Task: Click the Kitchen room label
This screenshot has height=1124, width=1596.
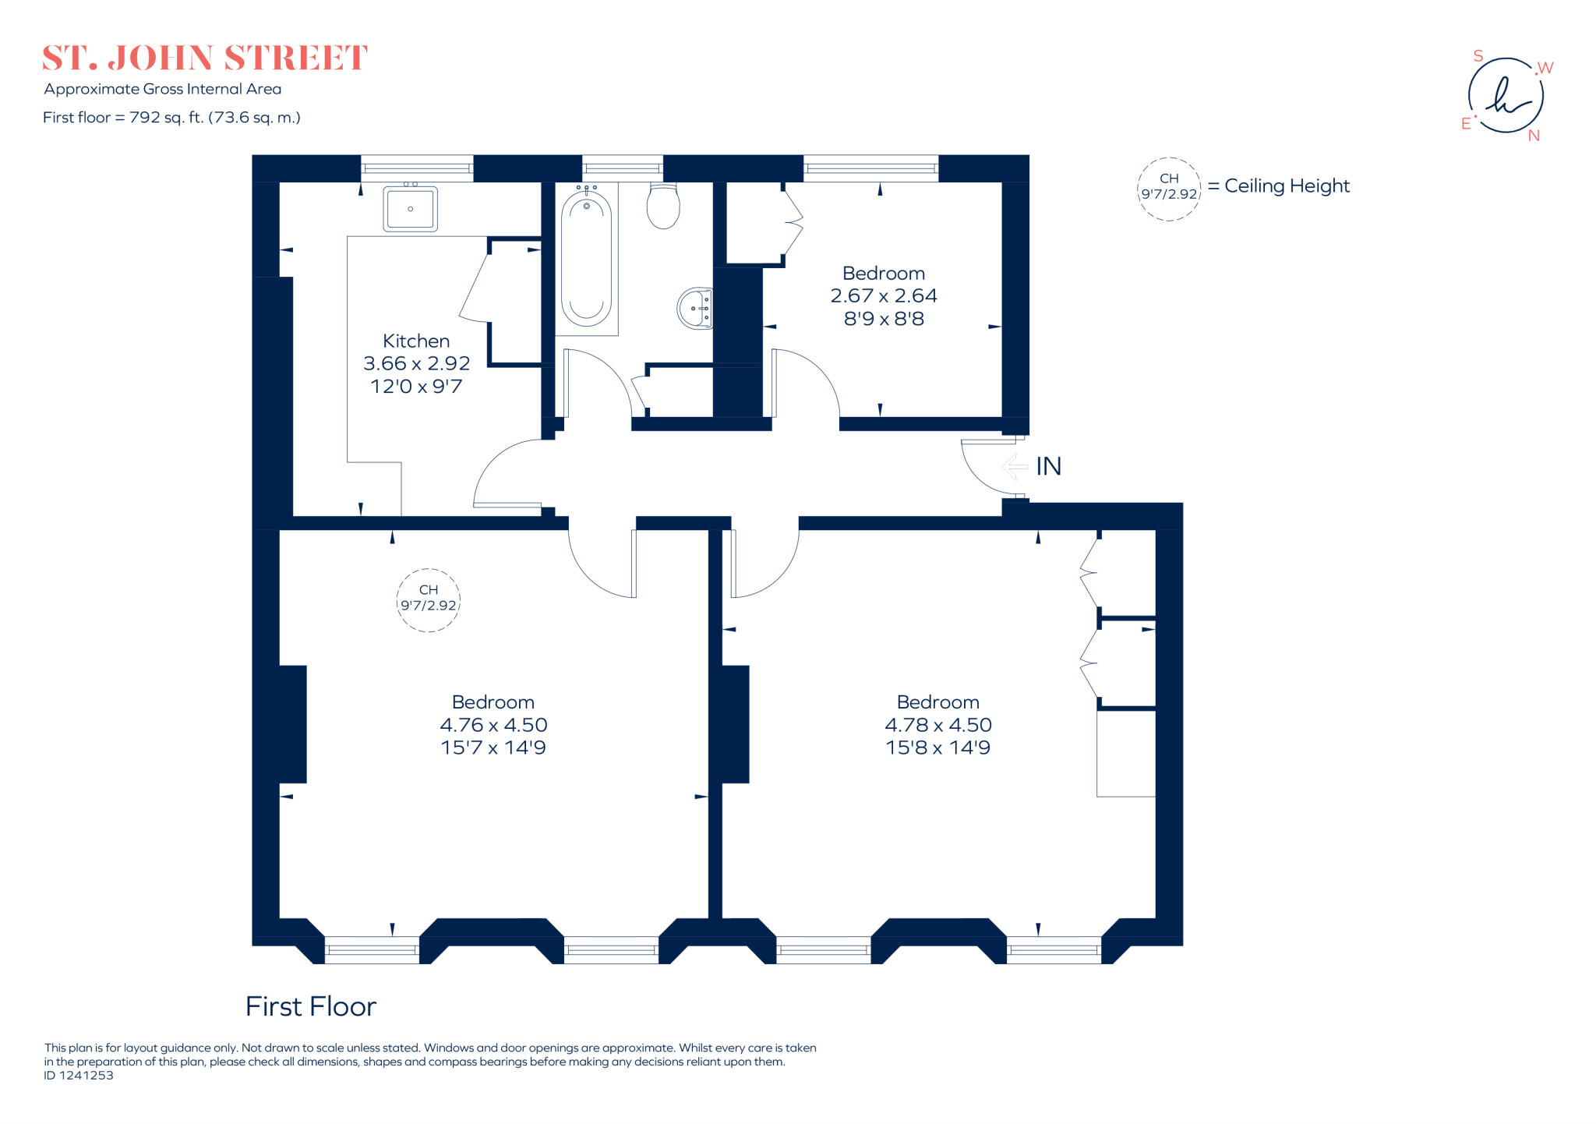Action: pos(415,341)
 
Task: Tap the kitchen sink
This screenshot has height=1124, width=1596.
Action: pos(410,209)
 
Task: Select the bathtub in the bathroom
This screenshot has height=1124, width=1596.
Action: pos(586,260)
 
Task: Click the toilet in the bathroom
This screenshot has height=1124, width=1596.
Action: pos(663,206)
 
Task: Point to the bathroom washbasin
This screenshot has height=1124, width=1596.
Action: pos(694,308)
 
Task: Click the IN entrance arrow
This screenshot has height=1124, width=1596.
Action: pos(1015,466)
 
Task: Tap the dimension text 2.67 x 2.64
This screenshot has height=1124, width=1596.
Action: pos(883,296)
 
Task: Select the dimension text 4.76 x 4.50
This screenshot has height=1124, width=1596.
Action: pos(493,725)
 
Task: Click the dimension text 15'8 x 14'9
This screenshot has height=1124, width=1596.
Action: pos(937,748)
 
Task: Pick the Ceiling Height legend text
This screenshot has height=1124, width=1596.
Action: pos(1286,186)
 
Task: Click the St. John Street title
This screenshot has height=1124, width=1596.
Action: pos(204,58)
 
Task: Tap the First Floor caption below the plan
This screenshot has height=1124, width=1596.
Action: pos(310,1006)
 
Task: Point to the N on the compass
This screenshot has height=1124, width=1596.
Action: pos(1534,136)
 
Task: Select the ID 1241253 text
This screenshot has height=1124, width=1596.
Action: pos(79,1076)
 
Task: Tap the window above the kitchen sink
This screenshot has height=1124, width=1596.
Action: pos(417,168)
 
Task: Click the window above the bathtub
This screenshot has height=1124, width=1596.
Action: pos(622,168)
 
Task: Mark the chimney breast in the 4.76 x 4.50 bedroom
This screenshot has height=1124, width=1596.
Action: pos(292,723)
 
